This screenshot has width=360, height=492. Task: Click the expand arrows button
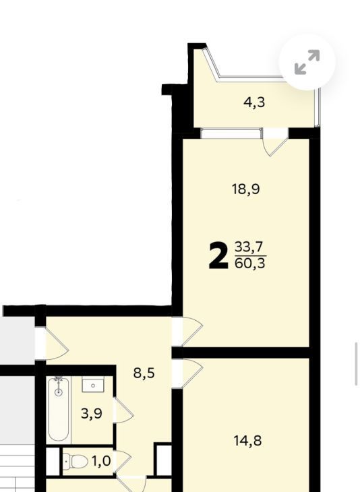click(x=307, y=62)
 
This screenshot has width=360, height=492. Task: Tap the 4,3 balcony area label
click(x=254, y=102)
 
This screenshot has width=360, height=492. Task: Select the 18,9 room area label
click(x=246, y=189)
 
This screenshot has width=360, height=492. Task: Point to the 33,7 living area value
click(x=250, y=247)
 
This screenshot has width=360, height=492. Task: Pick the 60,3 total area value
click(x=250, y=264)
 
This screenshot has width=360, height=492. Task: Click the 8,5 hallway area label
click(x=144, y=373)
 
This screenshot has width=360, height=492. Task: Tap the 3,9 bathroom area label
click(x=91, y=414)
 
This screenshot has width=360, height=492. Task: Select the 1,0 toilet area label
click(x=101, y=461)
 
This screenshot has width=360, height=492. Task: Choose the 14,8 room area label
click(x=247, y=441)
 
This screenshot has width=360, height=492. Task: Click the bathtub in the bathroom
click(x=59, y=410)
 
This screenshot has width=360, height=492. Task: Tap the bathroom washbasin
click(x=93, y=385)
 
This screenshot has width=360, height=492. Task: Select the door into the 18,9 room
click(x=187, y=332)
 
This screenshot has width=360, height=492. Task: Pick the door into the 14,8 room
click(x=187, y=373)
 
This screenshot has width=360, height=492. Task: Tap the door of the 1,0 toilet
click(x=123, y=461)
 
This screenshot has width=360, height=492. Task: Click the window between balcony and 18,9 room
click(x=231, y=133)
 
